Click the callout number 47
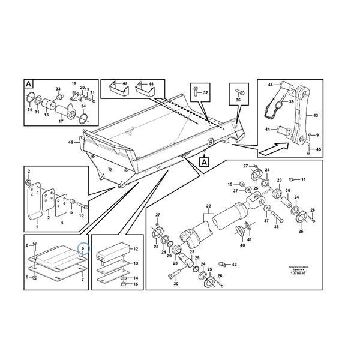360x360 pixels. (x=125, y=83)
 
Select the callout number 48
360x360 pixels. (x=151, y=83)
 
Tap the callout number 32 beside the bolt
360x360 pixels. (x=205, y=92)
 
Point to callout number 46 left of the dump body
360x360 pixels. (x=70, y=142)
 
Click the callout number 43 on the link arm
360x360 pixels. (x=316, y=115)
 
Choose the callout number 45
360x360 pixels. (x=318, y=149)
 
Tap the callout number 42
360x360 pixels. (x=235, y=264)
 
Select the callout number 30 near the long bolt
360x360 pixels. (x=176, y=283)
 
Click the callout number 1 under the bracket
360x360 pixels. (x=37, y=227)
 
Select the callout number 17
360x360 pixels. (x=61, y=121)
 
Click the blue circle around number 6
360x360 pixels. (x=83, y=247)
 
